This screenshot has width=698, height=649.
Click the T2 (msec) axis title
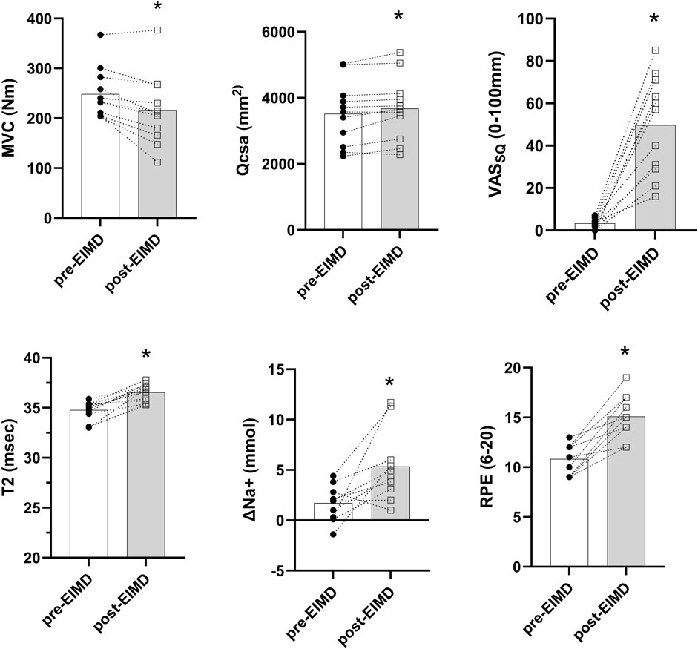14,458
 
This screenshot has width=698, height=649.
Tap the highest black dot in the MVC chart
100,35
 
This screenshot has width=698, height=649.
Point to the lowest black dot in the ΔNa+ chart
333,534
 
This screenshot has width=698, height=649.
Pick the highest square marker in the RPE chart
626,378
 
